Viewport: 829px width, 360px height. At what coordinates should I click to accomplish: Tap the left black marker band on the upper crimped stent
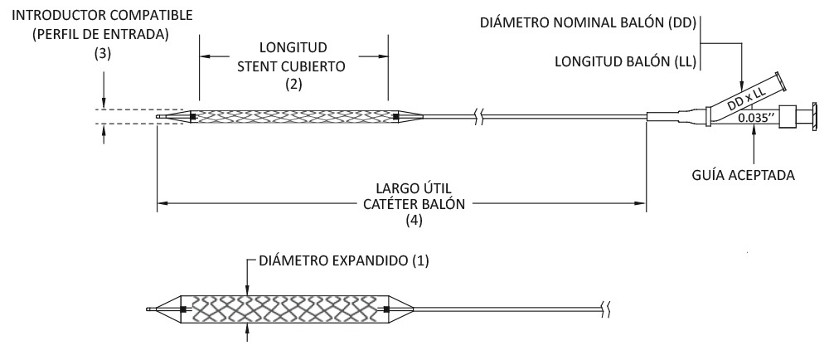coord(193,116)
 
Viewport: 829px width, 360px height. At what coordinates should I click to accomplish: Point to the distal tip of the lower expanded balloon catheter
coord(150,310)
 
